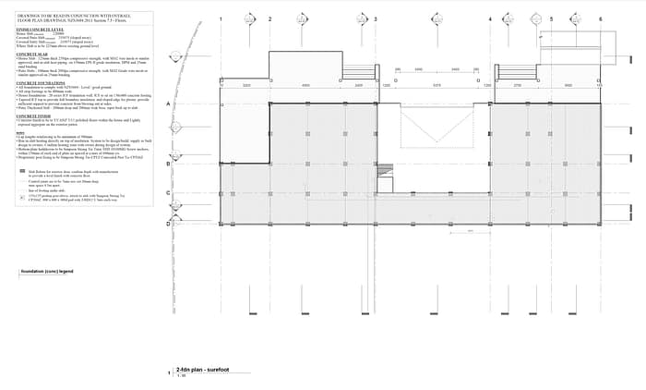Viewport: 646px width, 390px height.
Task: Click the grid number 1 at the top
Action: click(221, 18)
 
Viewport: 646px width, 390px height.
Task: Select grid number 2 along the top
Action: click(269, 18)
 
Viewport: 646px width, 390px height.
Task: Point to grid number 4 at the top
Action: click(489, 18)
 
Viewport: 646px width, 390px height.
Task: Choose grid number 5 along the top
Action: click(548, 18)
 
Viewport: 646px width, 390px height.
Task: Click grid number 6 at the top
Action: click(600, 18)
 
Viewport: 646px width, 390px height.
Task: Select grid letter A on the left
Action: click(167, 104)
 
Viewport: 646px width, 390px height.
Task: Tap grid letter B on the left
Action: click(167, 164)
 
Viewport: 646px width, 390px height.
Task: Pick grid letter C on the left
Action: click(167, 193)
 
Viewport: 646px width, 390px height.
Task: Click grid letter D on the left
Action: click(167, 223)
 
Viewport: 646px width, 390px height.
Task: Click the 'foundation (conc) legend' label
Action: click(47, 273)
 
